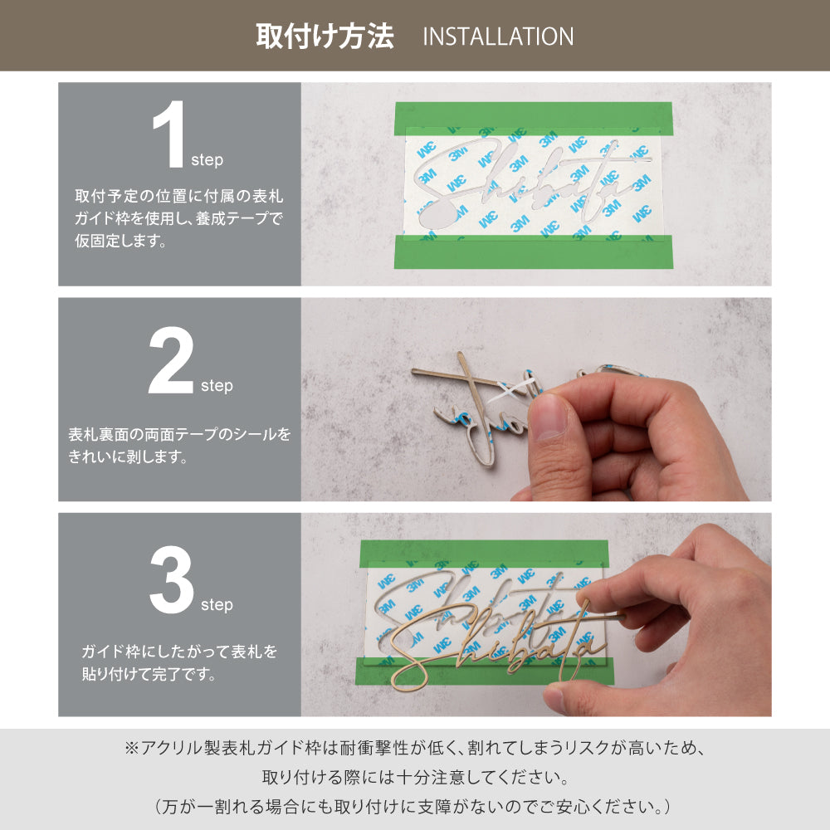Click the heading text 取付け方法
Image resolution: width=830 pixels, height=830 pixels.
click(325, 37)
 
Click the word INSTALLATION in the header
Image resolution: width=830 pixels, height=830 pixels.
click(498, 37)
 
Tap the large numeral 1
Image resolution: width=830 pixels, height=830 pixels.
click(169, 138)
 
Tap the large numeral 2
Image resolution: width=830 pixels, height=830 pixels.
click(173, 362)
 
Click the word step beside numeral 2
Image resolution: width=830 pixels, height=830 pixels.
click(217, 386)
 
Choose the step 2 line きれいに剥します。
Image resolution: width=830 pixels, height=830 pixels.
click(129, 456)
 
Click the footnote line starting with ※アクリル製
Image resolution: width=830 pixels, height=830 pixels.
click(414, 748)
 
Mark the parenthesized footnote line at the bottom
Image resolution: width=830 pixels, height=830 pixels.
click(414, 806)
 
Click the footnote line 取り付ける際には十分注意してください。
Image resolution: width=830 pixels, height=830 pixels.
click(414, 778)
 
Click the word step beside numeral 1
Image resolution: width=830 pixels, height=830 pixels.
click(207, 160)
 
